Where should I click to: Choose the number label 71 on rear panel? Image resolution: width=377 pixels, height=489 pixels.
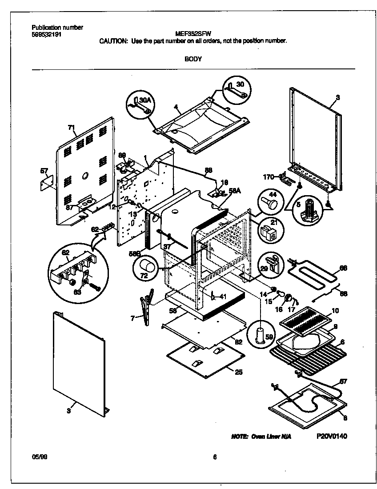[71, 128]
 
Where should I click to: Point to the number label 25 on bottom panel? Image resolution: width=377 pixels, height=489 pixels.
[239, 372]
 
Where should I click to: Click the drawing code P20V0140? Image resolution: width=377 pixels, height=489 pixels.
[332, 436]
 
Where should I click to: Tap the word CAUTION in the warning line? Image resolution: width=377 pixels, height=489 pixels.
[113, 40]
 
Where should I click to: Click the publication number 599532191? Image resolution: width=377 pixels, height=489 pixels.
[47, 33]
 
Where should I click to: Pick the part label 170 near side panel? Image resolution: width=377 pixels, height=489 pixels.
[268, 177]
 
